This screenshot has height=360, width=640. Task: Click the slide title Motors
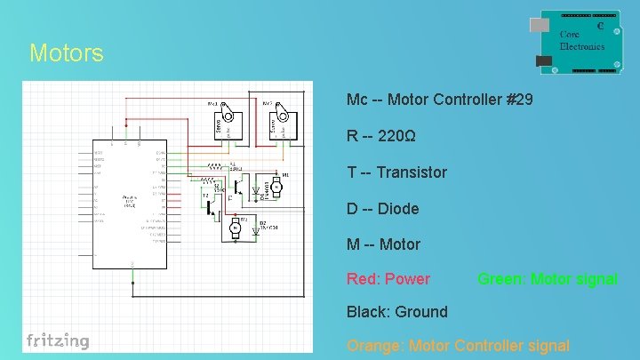pyautogui.click(x=66, y=53)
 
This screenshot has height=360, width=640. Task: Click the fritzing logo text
pyautogui.click(x=58, y=340)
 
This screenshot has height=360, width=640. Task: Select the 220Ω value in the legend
pyautogui.click(x=396, y=137)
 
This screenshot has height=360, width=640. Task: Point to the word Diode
pyautogui.click(x=397, y=209)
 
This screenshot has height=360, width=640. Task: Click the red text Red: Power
pyautogui.click(x=388, y=279)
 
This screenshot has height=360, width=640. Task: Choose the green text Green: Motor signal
pyautogui.click(x=547, y=279)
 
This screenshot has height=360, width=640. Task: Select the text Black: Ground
pyautogui.click(x=396, y=312)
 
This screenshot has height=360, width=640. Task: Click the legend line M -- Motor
pyautogui.click(x=383, y=244)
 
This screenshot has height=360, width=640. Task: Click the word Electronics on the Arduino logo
pyautogui.click(x=581, y=46)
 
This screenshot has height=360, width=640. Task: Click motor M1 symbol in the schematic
pyautogui.click(x=276, y=187)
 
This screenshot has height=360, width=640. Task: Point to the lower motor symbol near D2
pyautogui.click(x=236, y=228)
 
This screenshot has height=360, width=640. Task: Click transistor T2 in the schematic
pyautogui.click(x=212, y=207)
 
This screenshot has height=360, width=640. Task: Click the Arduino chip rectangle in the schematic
pyautogui.click(x=130, y=204)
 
